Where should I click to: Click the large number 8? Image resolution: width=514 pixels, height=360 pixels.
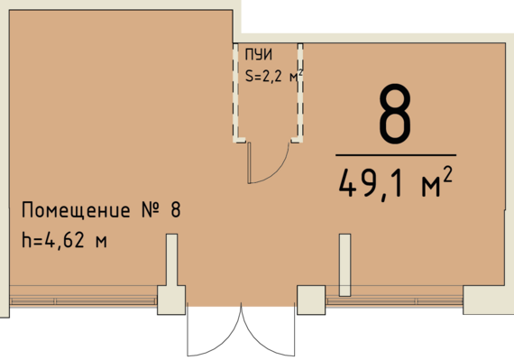395,116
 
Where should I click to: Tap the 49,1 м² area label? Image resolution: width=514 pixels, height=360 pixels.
395,184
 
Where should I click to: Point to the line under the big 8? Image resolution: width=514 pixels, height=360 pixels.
395,155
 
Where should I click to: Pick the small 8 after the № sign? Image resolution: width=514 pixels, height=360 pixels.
175,212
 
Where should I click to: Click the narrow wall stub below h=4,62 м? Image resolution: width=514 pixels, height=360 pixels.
170,262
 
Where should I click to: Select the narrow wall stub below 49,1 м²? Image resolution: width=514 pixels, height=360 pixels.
344,264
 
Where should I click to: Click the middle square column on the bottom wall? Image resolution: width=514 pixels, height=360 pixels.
311,300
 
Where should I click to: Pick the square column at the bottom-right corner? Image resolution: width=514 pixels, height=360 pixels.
486,300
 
